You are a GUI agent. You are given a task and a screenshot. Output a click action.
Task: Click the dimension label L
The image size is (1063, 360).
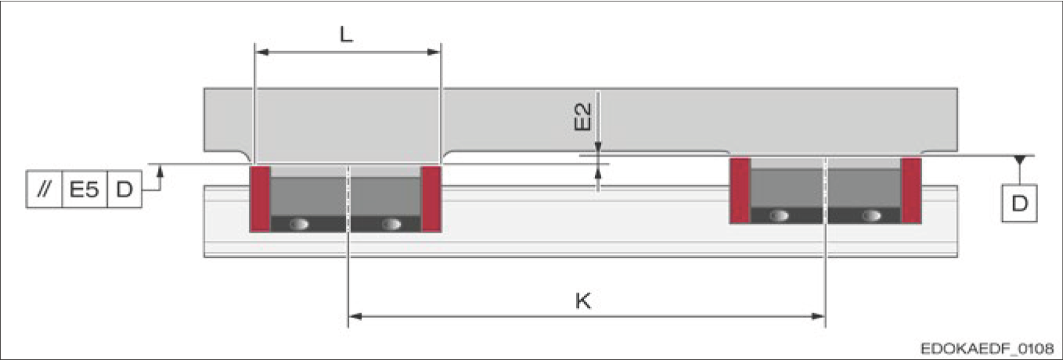tap(347, 34)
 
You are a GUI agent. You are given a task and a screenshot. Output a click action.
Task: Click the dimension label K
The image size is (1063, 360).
tap(583, 301)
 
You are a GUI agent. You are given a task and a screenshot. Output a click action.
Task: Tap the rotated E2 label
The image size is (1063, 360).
tap(582, 117)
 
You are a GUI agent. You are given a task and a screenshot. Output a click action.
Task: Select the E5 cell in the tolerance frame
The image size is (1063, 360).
tap(84, 189)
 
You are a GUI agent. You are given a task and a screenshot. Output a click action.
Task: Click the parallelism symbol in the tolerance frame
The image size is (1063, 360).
tap(44, 189)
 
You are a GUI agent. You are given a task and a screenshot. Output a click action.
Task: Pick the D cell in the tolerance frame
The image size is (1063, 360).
tap(124, 189)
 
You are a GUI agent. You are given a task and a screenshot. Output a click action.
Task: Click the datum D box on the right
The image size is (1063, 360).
tap(1019, 203)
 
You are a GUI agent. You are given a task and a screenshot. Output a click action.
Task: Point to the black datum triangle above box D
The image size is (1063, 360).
tap(1019, 160)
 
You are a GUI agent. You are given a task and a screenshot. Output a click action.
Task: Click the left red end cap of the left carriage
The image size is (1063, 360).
tap(260, 199)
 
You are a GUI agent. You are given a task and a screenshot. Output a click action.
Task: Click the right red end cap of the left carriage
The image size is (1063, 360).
tap(431, 199)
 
